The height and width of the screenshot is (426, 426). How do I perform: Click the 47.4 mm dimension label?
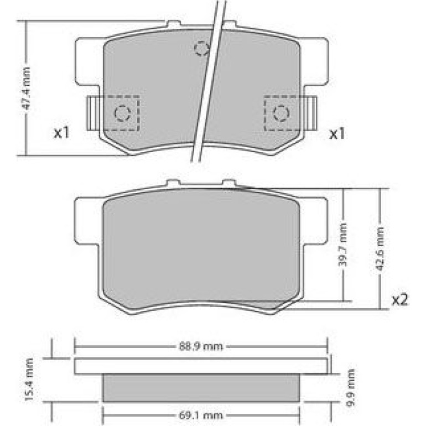pyautogui.click(x=27, y=88)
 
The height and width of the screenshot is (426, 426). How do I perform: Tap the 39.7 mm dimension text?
pyautogui.click(x=344, y=245)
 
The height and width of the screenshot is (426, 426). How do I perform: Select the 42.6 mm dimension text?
pyautogui.click(x=380, y=249)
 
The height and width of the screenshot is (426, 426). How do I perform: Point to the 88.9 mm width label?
pyautogui.click(x=201, y=347)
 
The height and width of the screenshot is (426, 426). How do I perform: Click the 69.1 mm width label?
pyautogui.click(x=201, y=415)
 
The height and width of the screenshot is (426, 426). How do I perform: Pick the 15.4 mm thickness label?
pyautogui.click(x=29, y=380)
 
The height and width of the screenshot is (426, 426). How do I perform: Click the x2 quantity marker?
pyautogui.click(x=399, y=300)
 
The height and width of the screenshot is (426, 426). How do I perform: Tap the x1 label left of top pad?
pyautogui.click(x=61, y=133)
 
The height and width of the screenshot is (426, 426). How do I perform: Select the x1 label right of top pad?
pyautogui.click(x=337, y=134)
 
